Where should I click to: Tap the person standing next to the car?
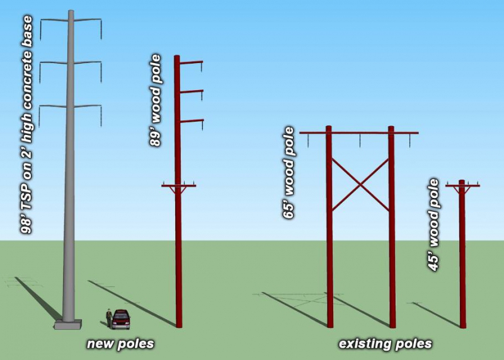(x=110, y=318)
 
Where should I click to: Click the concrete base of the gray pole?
(x=68, y=325)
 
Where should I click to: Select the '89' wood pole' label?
(x=156, y=101)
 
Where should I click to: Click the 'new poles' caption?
(x=120, y=344)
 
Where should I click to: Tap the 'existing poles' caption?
(x=385, y=344)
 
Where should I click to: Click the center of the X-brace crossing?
(x=360, y=184)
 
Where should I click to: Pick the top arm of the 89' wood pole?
(x=192, y=62)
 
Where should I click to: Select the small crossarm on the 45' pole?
(x=462, y=185)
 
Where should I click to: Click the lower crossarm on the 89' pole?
(x=178, y=185)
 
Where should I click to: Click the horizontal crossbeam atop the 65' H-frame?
(x=359, y=133)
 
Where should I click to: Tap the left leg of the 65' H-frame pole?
(x=329, y=240)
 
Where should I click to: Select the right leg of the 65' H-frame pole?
(x=392, y=240)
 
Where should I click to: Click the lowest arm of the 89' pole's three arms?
(x=192, y=120)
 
